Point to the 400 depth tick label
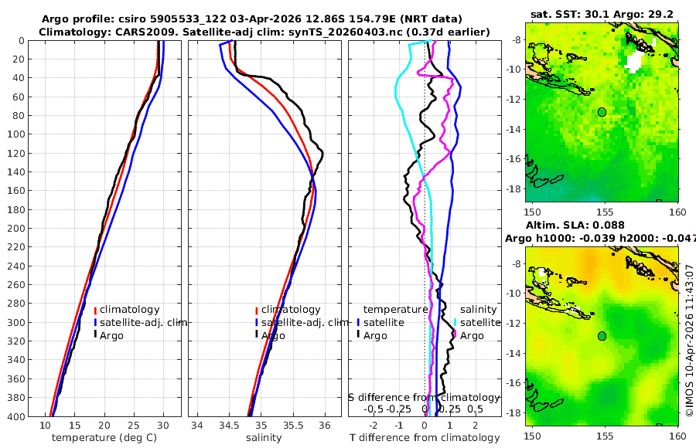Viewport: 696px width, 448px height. pyautogui.click(x=16, y=416)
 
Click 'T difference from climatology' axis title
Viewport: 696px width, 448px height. pyautogui.click(x=425, y=438)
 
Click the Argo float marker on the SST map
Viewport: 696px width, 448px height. pyautogui.click(x=602, y=112)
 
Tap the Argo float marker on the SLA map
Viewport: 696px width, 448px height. pyautogui.click(x=602, y=336)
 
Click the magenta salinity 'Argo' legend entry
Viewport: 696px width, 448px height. pyautogui.click(x=472, y=335)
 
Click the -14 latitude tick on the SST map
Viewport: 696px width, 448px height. pyautogui.click(x=517, y=129)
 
